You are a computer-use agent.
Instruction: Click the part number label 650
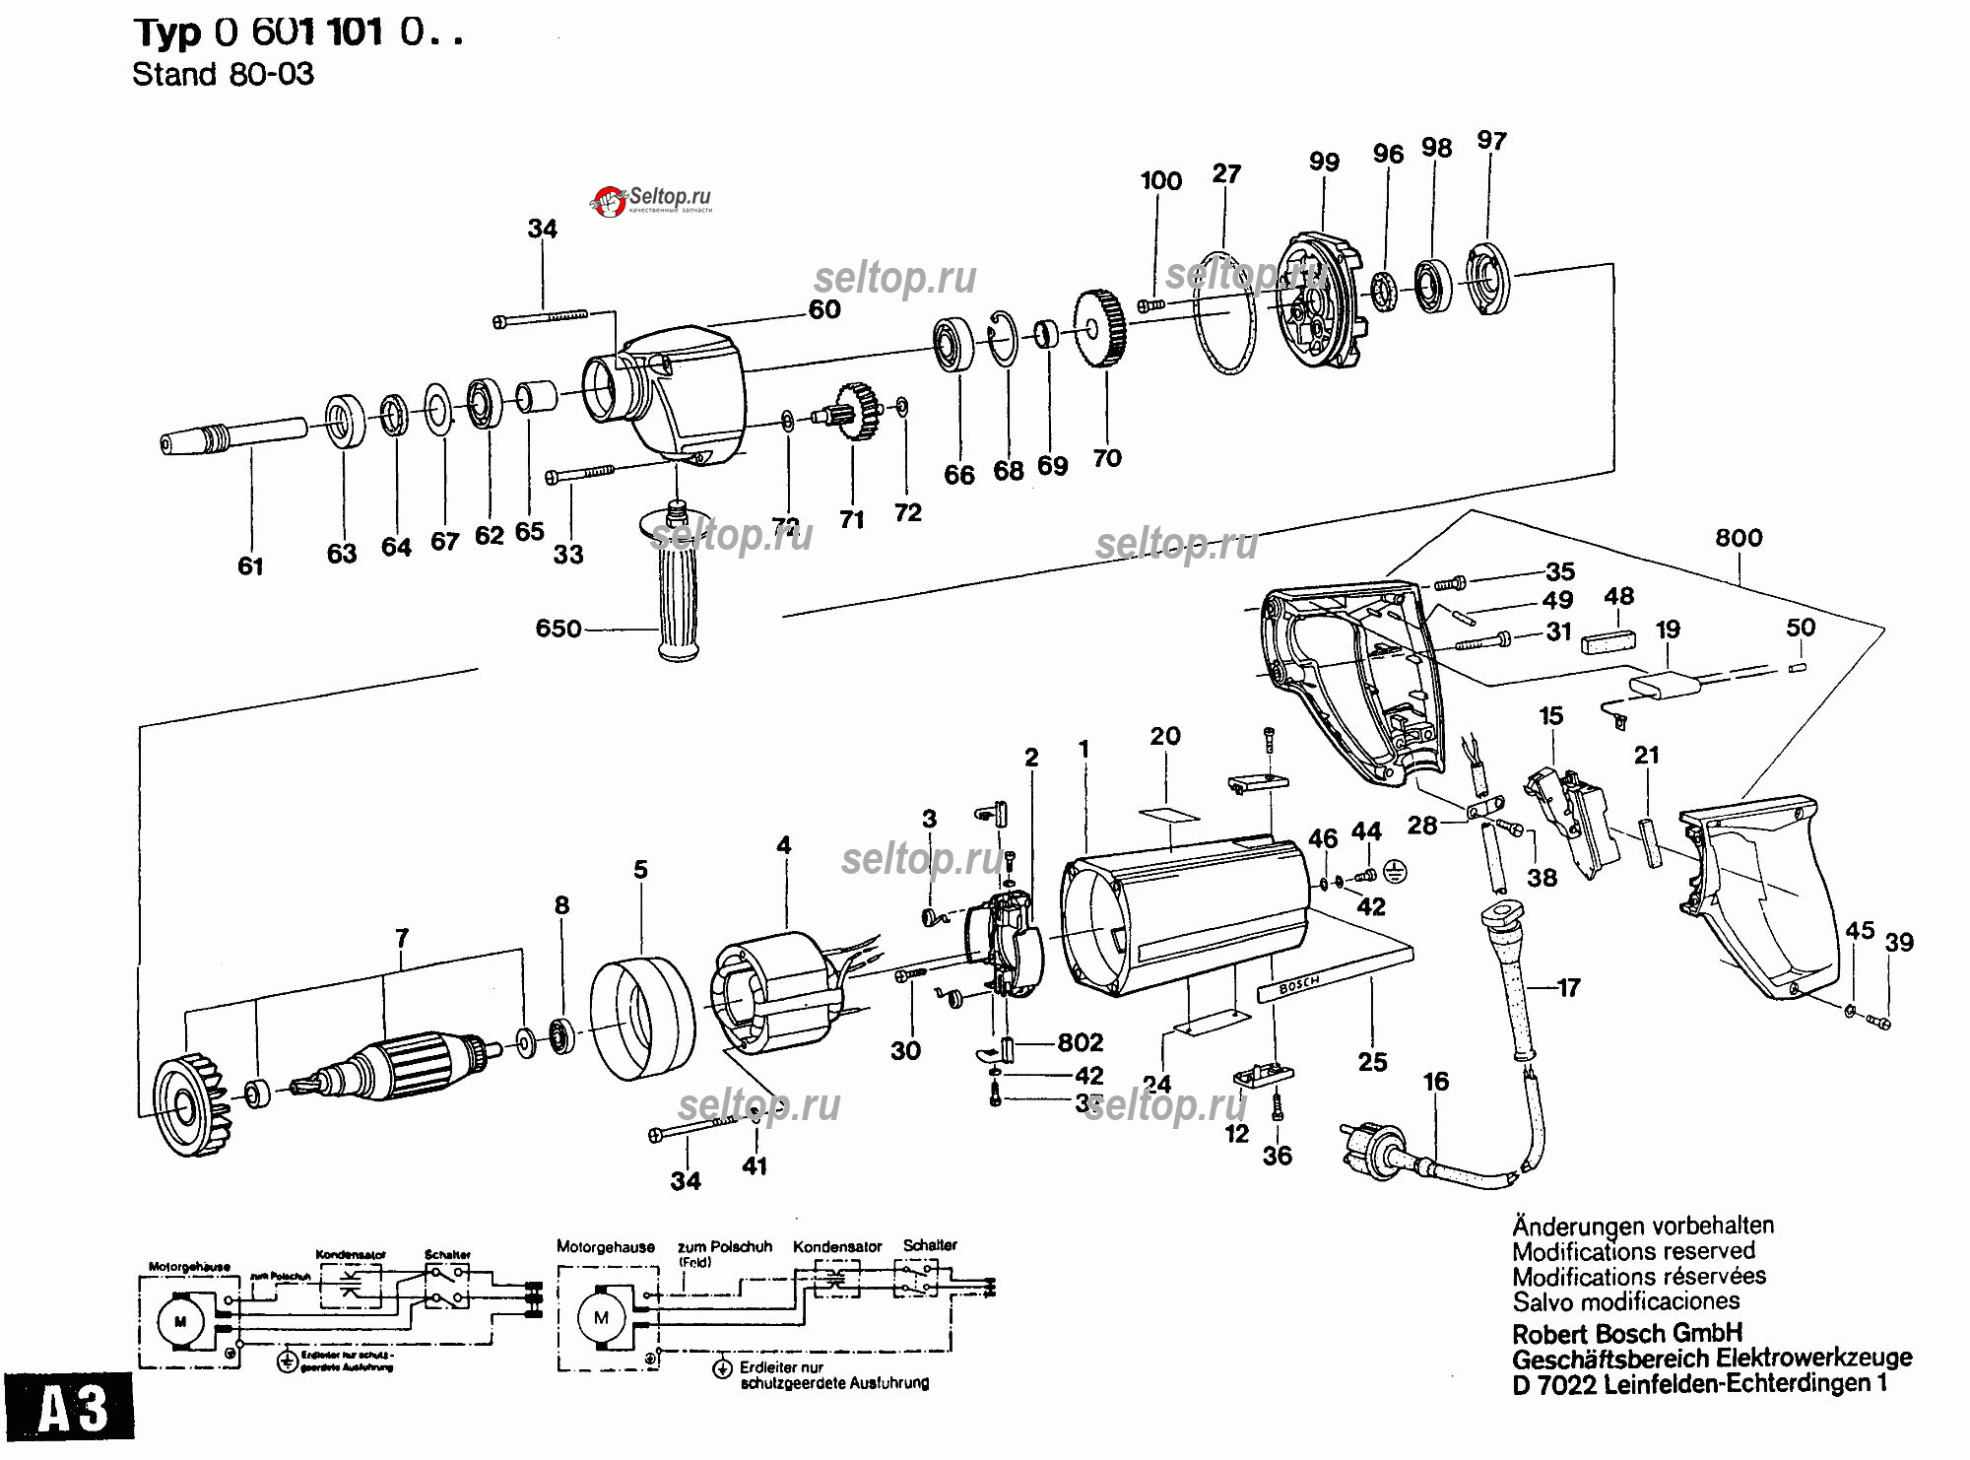[558, 629]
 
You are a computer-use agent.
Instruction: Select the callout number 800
[1739, 538]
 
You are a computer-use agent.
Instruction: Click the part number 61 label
[250, 566]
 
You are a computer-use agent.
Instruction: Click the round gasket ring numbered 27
[1226, 313]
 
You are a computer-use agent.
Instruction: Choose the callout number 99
[1324, 162]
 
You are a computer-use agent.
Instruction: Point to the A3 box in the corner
[69, 1407]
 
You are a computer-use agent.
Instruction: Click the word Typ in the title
[167, 33]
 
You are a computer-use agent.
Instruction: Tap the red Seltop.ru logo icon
[608, 201]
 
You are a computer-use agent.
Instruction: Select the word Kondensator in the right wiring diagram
[837, 1247]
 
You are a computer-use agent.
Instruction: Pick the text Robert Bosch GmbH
[1627, 1334]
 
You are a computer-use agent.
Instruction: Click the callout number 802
[1080, 1042]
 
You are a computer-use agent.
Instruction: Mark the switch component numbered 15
[1571, 818]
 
